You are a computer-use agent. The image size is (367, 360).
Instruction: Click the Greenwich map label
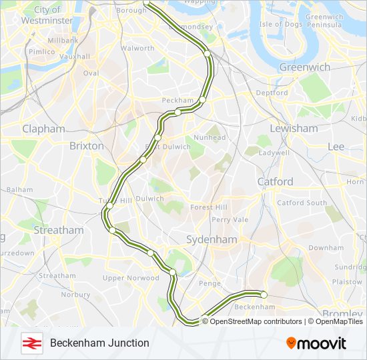pyautogui.click(x=304, y=67)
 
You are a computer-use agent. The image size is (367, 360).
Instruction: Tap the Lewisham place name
pyautogui.click(x=294, y=128)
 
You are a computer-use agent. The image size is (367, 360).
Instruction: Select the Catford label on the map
pyautogui.click(x=275, y=181)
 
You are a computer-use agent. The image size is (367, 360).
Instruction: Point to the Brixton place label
pyautogui.click(x=86, y=145)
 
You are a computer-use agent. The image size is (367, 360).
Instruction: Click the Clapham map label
pyautogui.click(x=43, y=129)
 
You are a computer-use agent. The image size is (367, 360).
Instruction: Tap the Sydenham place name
pyautogui.click(x=212, y=239)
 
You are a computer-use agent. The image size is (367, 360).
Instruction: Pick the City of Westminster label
pyautogui.click(x=47, y=15)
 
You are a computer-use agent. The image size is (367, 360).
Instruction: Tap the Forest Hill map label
pyautogui.click(x=210, y=207)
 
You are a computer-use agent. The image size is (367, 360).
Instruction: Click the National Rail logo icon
pyautogui.click(x=31, y=343)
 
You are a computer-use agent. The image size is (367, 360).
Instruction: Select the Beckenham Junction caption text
pyautogui.click(x=99, y=343)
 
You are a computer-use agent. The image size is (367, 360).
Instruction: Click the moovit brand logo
pyautogui.click(x=316, y=343)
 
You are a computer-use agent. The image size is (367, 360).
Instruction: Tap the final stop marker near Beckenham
pyautogui.click(x=264, y=294)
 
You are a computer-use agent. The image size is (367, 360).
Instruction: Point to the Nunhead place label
pyautogui.click(x=207, y=137)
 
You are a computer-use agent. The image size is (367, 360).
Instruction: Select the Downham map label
pyautogui.click(x=326, y=247)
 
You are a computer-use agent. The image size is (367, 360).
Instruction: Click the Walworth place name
pyautogui.click(x=137, y=48)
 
